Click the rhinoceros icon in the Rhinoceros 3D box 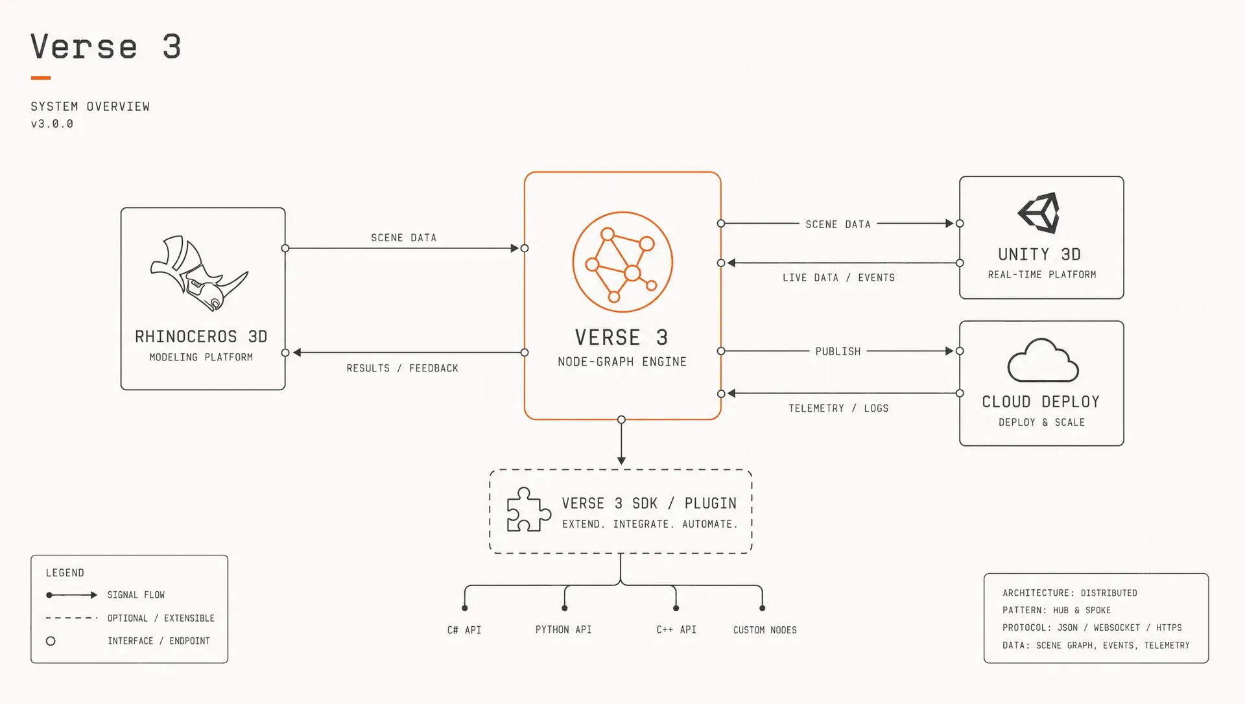coord(198,274)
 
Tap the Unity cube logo coord(1039,213)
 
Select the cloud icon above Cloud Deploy coord(1043,360)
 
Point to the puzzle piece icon coord(528,510)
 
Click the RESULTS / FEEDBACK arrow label coord(402,368)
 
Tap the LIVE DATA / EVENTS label coord(838,277)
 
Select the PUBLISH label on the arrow coord(838,351)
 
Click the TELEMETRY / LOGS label coord(838,408)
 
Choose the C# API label coord(464,630)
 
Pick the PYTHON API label coord(563,629)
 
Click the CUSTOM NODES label coord(765,630)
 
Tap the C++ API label coord(676,629)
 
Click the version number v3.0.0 coord(52,124)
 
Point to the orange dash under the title coord(41,78)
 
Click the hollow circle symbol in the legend coord(51,641)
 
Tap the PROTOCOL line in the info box coord(1092,628)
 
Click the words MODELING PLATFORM coord(201,357)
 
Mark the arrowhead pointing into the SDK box coord(621,461)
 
